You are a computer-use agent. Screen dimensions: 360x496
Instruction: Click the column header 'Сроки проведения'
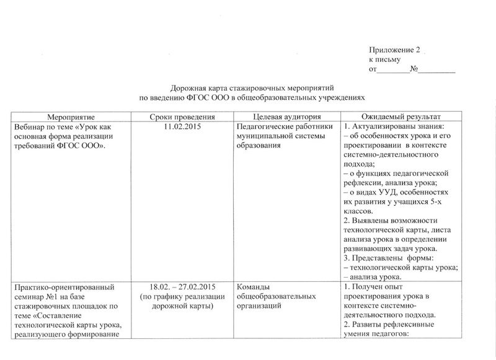point(182,117)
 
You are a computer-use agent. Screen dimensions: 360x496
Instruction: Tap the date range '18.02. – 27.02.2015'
point(182,287)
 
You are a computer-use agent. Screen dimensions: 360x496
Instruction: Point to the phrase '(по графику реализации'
point(182,296)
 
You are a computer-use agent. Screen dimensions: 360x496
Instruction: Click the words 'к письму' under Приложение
point(383,59)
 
